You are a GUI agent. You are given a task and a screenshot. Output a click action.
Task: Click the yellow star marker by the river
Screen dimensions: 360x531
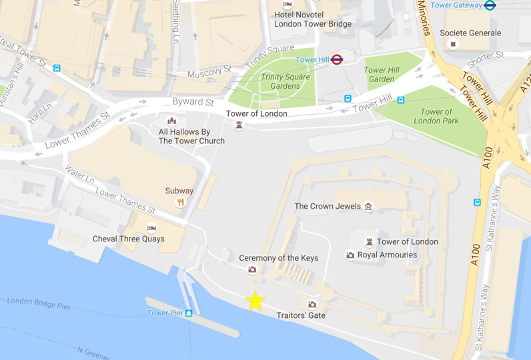point(255,301)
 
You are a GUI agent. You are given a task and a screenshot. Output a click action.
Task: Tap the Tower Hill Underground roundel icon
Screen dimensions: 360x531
point(337,59)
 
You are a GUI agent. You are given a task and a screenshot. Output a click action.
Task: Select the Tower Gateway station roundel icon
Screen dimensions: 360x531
point(490,5)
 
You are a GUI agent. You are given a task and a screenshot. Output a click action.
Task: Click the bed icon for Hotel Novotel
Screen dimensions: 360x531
point(288,5)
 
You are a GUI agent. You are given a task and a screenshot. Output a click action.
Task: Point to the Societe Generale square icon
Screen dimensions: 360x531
point(454,44)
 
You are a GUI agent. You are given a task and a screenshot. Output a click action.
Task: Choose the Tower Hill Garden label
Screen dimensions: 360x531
point(382,75)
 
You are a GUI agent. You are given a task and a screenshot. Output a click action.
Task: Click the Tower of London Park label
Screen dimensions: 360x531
point(436,116)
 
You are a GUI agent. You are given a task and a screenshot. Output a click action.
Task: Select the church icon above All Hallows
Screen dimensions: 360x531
point(172,121)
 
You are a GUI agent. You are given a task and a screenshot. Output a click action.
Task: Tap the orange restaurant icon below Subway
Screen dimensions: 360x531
point(179,203)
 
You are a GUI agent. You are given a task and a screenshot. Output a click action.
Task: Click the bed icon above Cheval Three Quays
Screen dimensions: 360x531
point(151,228)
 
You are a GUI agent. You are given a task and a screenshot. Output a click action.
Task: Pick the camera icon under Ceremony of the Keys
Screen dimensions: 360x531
point(252,269)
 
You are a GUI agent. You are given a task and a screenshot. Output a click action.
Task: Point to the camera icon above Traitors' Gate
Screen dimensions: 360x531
point(312,304)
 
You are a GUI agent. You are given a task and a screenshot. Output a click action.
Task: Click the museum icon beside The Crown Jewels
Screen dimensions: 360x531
point(368,207)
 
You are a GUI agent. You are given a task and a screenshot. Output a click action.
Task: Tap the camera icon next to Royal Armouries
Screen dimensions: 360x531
point(350,255)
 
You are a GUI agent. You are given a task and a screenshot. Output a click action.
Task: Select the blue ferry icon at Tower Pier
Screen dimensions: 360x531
point(189,313)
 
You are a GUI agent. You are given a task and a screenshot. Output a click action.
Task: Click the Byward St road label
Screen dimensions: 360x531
point(193,102)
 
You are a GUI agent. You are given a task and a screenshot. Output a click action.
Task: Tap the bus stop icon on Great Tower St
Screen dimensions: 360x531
point(57,68)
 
